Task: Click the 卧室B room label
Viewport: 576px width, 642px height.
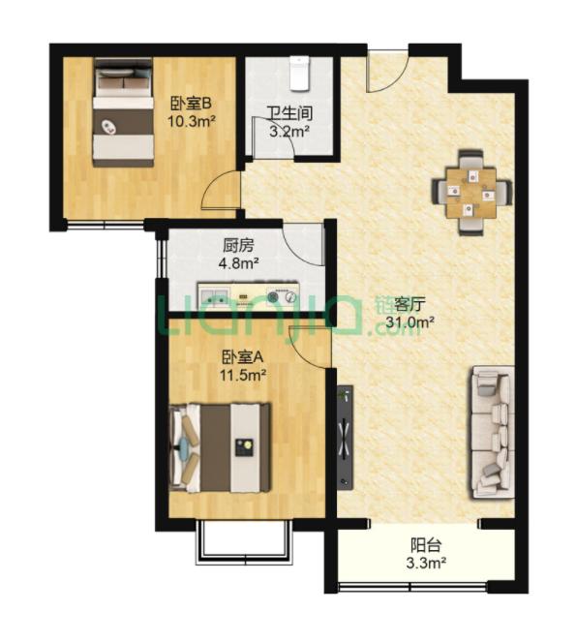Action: [191, 104]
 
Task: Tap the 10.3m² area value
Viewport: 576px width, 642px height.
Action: [191, 121]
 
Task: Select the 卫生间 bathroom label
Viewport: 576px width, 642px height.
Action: [289, 114]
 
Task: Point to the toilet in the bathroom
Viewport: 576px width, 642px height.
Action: [299, 73]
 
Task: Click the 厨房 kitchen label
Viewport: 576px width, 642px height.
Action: [239, 246]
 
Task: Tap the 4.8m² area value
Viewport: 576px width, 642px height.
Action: [238, 262]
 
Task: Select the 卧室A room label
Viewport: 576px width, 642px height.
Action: [242, 357]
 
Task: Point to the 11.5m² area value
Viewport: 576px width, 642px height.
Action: [243, 374]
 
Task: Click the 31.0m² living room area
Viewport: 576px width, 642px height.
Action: [410, 322]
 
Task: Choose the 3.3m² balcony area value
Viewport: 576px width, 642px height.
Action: [426, 564]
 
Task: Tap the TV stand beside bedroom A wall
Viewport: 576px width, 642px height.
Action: [345, 437]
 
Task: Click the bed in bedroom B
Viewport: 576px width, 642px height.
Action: [123, 112]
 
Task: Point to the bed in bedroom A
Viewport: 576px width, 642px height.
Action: [220, 447]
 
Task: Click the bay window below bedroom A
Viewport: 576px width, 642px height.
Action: [244, 542]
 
